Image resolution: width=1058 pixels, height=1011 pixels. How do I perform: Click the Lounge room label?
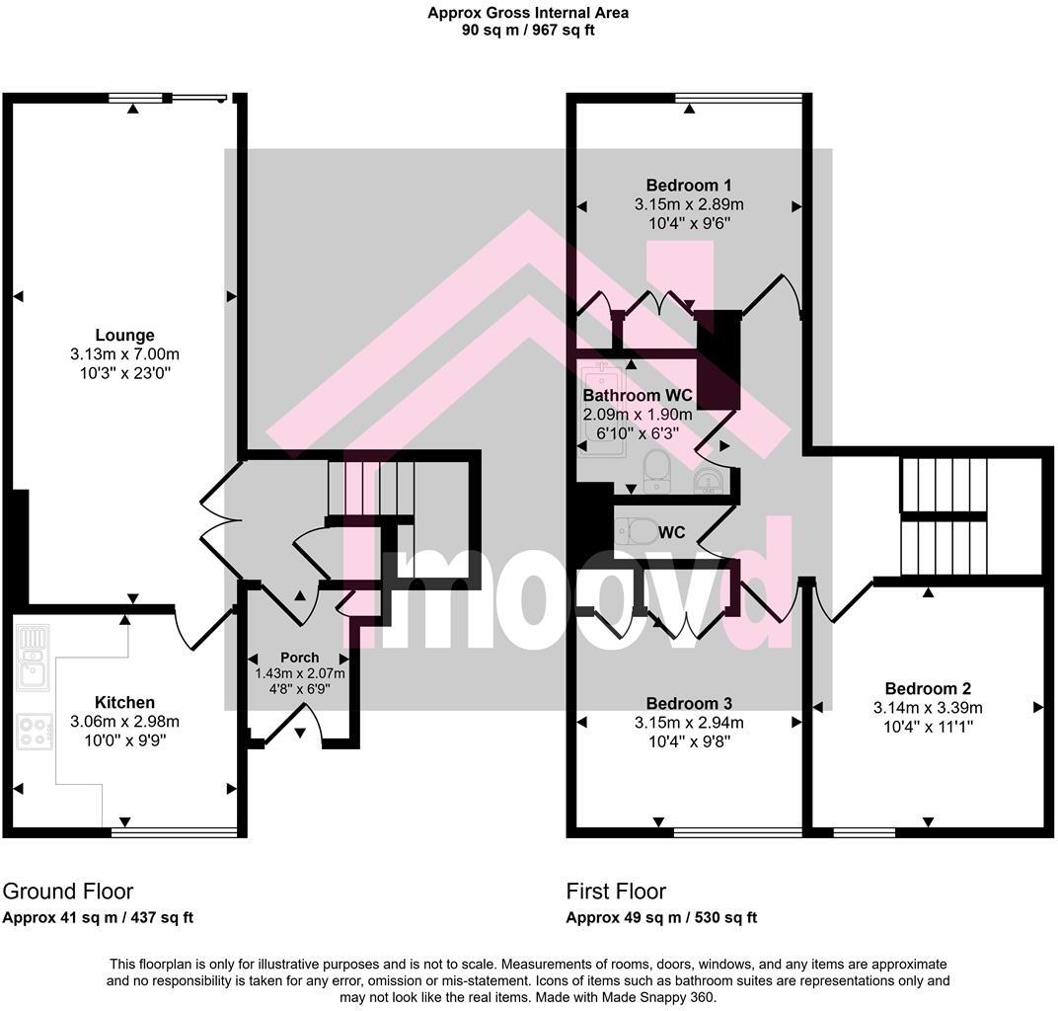coord(124,336)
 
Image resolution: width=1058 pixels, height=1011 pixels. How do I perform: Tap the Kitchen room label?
coord(124,703)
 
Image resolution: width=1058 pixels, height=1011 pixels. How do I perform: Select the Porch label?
coord(300,658)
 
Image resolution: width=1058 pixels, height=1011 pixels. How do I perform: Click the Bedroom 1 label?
coord(688,186)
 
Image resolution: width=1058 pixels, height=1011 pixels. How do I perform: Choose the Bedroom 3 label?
coord(689,704)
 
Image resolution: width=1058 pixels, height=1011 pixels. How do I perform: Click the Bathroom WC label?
coord(638,396)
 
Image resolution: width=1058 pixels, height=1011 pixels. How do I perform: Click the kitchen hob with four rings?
coord(34,732)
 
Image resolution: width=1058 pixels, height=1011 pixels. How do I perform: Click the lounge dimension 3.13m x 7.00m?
coord(124,354)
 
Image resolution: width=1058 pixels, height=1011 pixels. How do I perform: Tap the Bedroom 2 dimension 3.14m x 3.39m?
coord(928,708)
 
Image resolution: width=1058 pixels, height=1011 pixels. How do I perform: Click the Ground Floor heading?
coord(68,892)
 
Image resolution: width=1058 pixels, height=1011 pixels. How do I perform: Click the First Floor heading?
coord(616,892)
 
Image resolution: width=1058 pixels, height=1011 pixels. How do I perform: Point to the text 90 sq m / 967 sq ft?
coord(528,30)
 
